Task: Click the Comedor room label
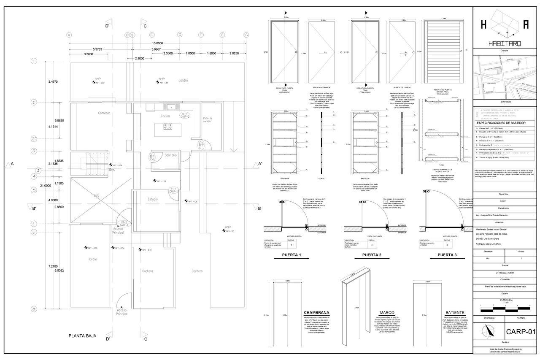(x=104, y=113)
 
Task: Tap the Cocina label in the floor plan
(x=165, y=116)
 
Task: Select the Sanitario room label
(x=170, y=155)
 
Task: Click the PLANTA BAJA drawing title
(x=82, y=336)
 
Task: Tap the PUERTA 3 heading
(x=447, y=255)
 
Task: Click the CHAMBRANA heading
(x=316, y=313)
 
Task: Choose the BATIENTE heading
(x=455, y=313)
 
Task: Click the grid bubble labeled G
(x=246, y=35)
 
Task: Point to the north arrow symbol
(x=489, y=332)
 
